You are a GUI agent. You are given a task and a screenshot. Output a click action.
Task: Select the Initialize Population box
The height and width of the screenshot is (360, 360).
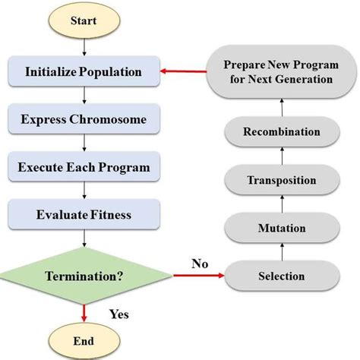(x=84, y=73)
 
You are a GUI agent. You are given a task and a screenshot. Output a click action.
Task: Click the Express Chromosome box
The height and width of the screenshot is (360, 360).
(x=84, y=120)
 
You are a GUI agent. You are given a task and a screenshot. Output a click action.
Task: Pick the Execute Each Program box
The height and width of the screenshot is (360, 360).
(x=84, y=167)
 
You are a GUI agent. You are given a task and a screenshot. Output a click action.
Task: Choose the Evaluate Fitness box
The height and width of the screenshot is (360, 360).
(x=84, y=215)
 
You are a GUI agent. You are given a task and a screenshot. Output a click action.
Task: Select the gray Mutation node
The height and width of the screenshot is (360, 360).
(x=282, y=227)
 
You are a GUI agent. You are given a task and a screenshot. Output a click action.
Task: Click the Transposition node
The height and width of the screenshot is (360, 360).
(x=282, y=180)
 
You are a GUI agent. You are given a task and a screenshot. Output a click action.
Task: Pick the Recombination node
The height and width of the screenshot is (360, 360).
(x=282, y=132)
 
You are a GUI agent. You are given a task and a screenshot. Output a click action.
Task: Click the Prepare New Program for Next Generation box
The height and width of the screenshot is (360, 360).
(x=282, y=73)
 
